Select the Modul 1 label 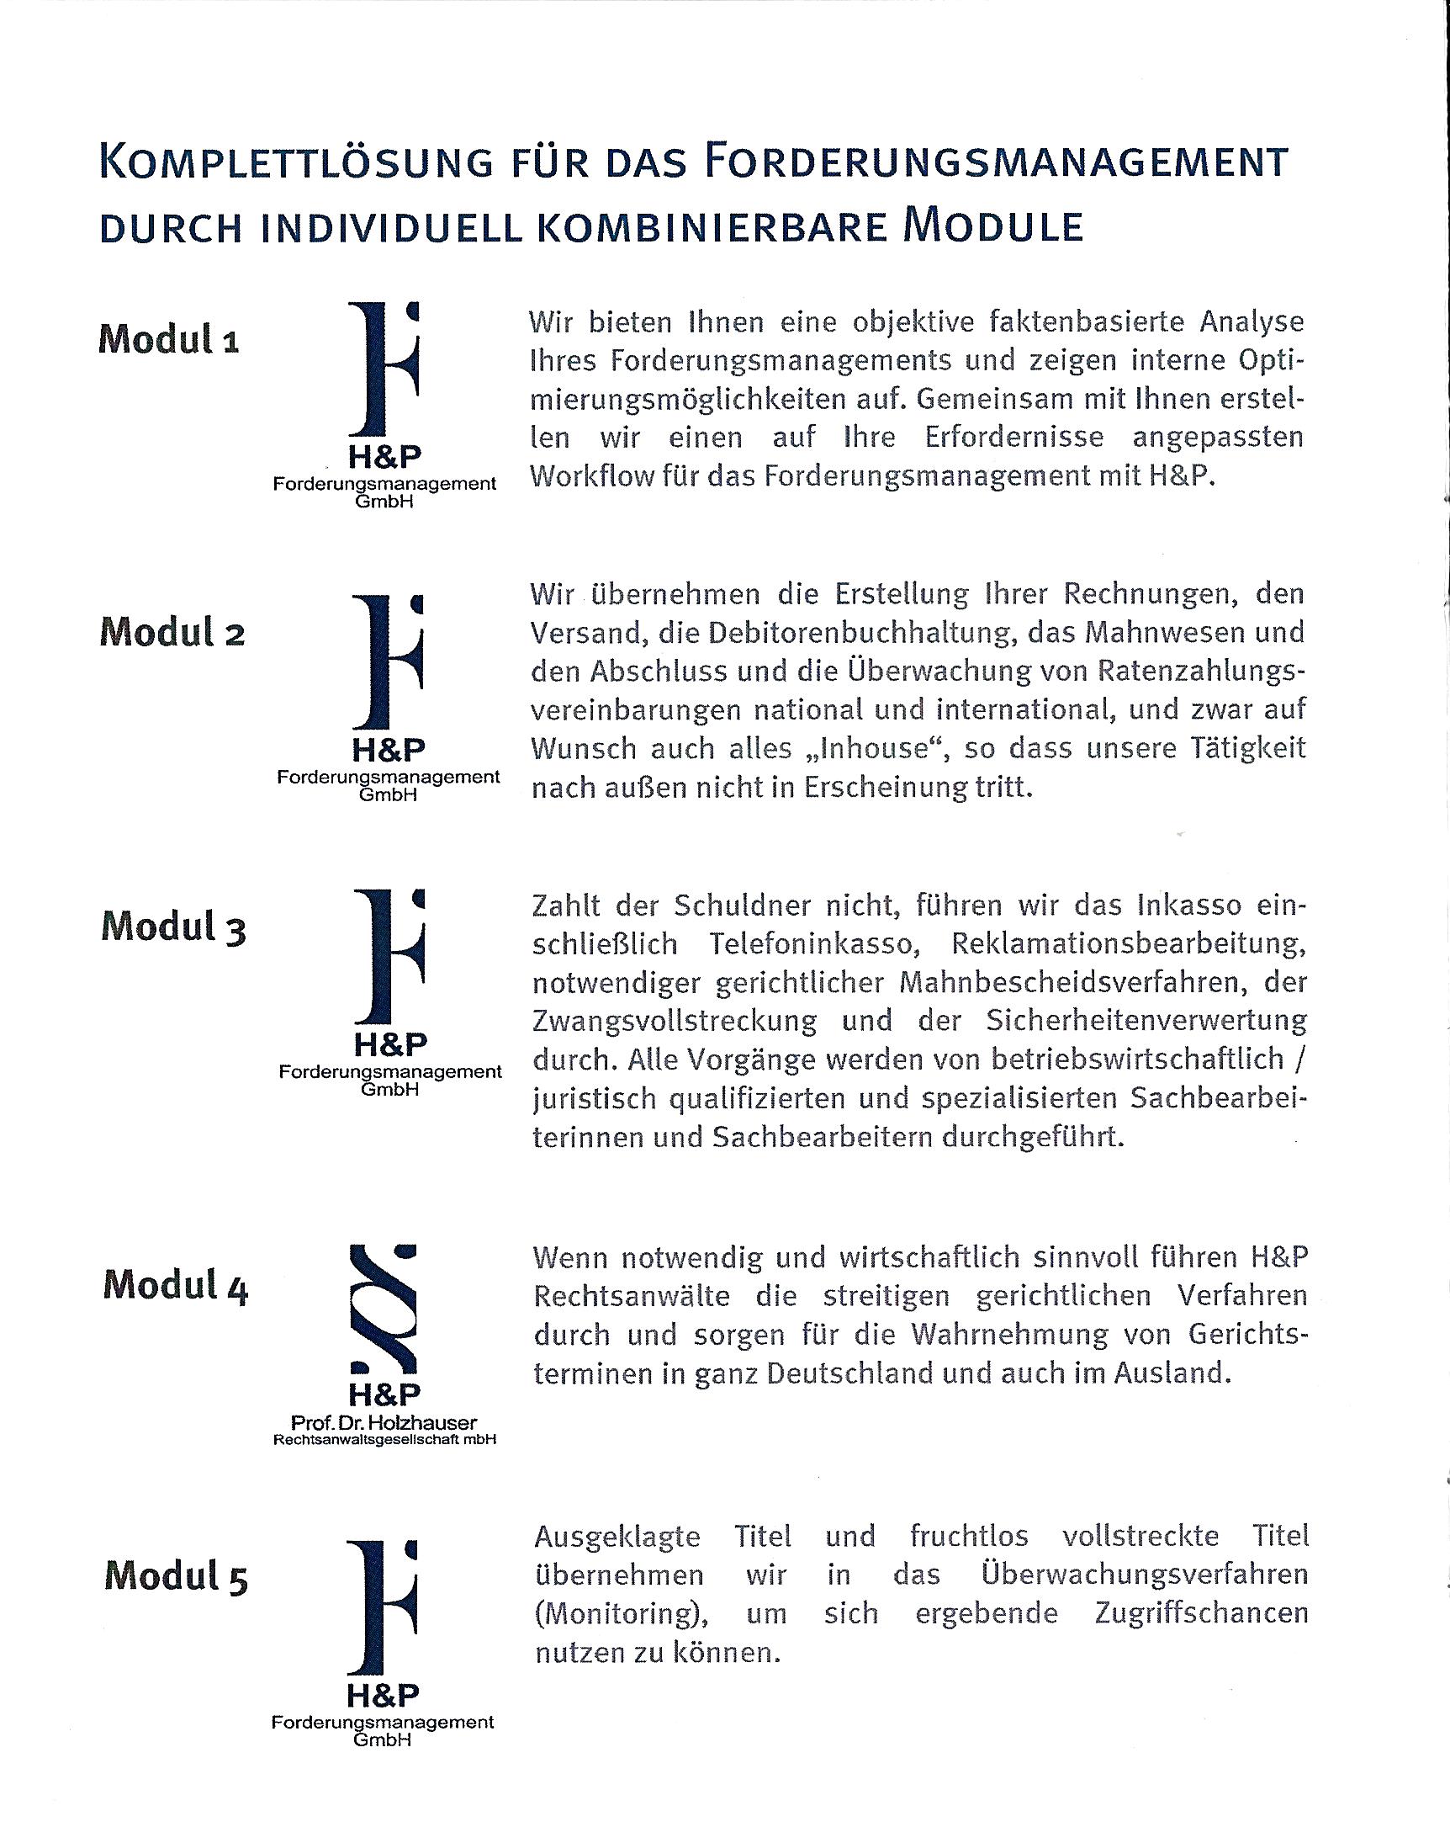(x=169, y=340)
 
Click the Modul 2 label (x=172, y=633)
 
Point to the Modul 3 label (x=173, y=927)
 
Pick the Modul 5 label (x=176, y=1577)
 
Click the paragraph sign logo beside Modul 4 (x=384, y=1309)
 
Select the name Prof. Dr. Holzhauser (x=384, y=1422)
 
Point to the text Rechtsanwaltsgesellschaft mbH (x=384, y=1440)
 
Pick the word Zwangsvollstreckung (x=675, y=1021)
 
